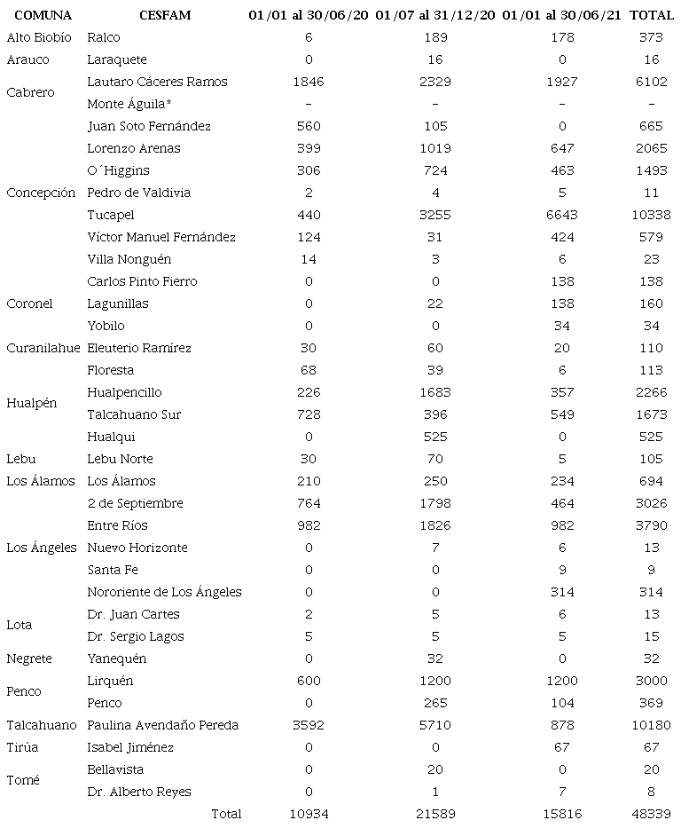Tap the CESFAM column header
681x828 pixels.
165,16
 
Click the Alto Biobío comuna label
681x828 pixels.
39,37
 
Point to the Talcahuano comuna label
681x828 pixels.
42,725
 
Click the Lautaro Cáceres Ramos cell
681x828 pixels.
157,82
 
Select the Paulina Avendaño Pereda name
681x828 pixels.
162,725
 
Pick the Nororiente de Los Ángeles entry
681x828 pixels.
164,592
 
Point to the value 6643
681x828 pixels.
561,215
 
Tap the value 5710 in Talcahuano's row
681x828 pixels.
435,725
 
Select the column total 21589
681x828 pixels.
435,814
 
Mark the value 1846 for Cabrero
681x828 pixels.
309,82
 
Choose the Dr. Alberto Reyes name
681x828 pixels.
138,792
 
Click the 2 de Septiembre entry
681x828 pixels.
135,503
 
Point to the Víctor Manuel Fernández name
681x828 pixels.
161,237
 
